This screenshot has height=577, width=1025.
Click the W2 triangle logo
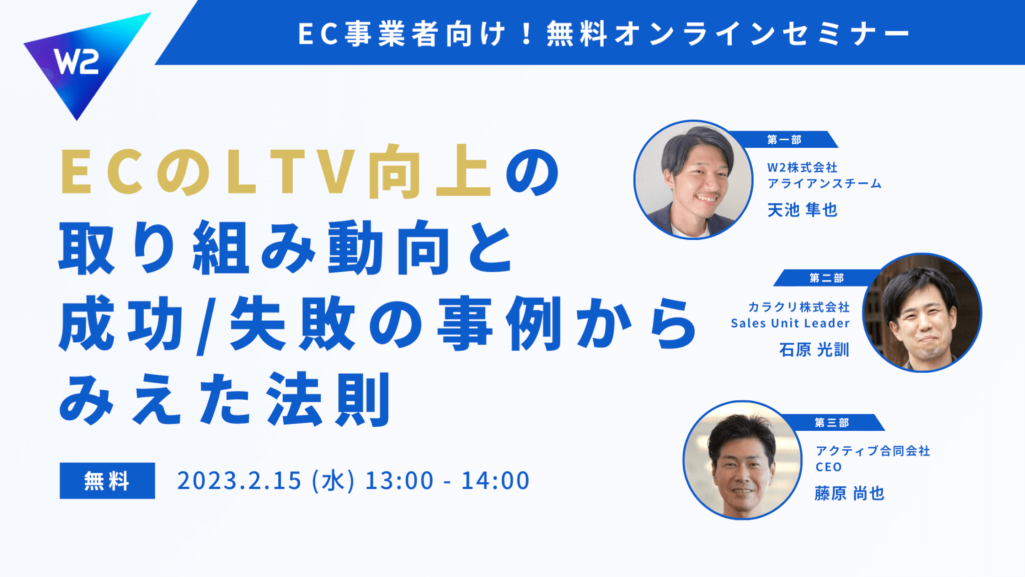80,60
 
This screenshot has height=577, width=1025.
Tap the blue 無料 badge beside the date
107,481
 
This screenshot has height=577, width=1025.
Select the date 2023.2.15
239,481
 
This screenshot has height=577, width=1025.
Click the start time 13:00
399,481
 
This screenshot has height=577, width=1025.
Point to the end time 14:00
495,481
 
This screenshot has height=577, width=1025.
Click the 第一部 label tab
784,140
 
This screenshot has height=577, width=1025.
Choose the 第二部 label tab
826,278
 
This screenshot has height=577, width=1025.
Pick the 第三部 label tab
831,423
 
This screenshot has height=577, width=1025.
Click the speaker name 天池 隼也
802,210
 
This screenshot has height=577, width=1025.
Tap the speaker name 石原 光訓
814,350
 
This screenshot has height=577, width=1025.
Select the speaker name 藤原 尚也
849,493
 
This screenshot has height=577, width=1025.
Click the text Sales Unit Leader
790,324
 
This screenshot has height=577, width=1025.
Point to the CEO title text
828,467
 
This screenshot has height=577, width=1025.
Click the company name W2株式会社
802,167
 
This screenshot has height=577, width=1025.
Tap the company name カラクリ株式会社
799,307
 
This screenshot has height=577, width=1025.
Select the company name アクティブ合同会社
873,451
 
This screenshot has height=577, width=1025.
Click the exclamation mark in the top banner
526,34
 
